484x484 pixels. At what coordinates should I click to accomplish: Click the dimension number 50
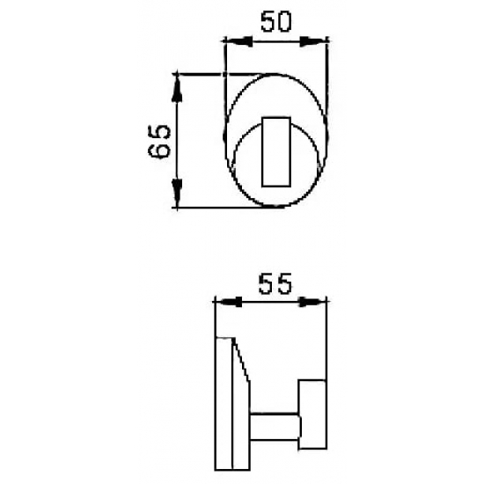click(x=276, y=22)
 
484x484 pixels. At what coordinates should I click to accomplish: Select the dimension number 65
click(x=158, y=141)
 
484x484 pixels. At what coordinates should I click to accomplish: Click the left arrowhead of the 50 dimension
click(x=233, y=40)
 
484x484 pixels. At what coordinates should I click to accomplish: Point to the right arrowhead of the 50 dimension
click(x=319, y=40)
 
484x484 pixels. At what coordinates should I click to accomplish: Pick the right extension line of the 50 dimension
click(x=328, y=66)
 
